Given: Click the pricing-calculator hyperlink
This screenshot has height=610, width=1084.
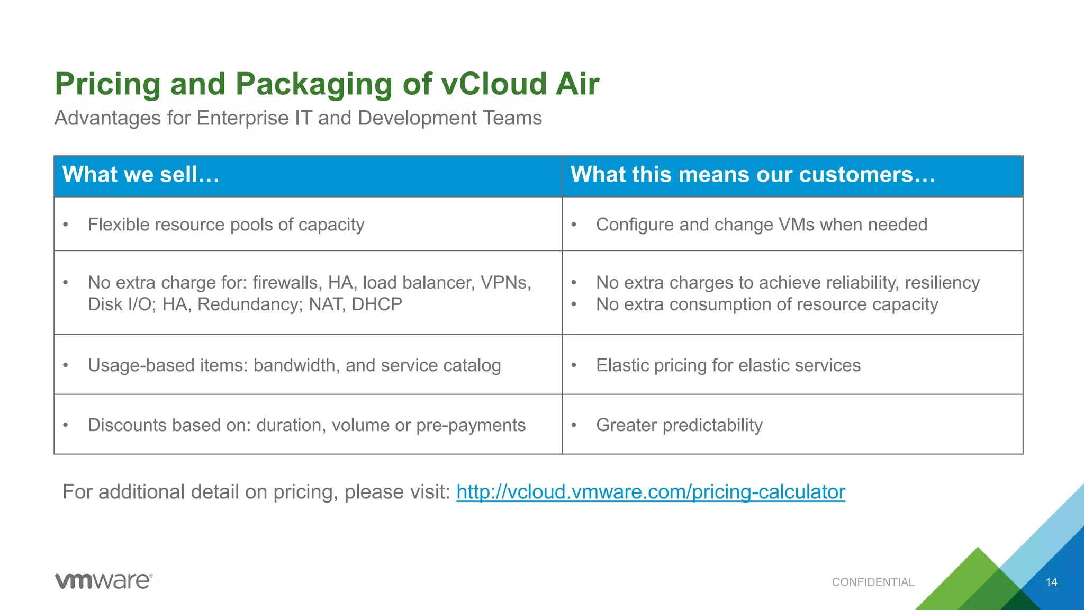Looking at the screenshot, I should (x=651, y=492).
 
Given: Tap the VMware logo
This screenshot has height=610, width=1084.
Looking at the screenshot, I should (x=104, y=581).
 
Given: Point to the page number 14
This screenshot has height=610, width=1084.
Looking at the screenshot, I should (x=1051, y=582).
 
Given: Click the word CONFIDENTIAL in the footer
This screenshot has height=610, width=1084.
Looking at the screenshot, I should (x=873, y=582).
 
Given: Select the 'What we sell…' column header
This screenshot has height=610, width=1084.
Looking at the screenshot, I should (x=141, y=175).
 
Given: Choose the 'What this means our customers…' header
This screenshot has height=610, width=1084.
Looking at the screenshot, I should (x=753, y=175).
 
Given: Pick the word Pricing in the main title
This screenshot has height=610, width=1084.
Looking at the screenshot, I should (x=107, y=84).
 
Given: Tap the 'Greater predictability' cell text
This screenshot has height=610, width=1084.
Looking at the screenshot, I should (x=679, y=425).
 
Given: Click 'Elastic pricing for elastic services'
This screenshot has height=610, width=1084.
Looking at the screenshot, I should (x=728, y=365).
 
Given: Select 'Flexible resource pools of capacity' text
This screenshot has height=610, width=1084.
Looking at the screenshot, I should (x=226, y=225).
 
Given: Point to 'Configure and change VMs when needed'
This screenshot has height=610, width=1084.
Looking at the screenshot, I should (x=761, y=225).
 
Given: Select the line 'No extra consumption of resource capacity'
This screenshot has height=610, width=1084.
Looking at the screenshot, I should (x=766, y=304).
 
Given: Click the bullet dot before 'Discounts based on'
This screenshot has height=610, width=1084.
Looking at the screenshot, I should (x=66, y=425).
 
